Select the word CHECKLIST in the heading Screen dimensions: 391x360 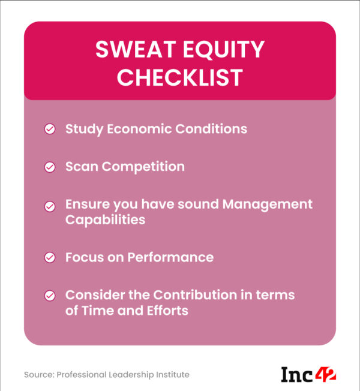[180, 78]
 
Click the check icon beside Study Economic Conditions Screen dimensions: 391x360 [50, 130]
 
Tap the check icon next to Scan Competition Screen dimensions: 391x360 [50, 167]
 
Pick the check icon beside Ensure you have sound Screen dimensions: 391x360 [50, 206]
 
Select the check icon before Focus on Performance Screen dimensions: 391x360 [50, 258]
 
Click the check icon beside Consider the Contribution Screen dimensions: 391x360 [50, 296]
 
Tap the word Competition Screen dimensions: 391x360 [143, 167]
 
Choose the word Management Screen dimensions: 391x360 [268, 204]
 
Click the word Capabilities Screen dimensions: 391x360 [105, 220]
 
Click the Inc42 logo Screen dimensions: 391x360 [308, 375]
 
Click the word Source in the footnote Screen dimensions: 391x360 [38, 375]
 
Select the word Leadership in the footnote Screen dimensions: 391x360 [130, 375]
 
